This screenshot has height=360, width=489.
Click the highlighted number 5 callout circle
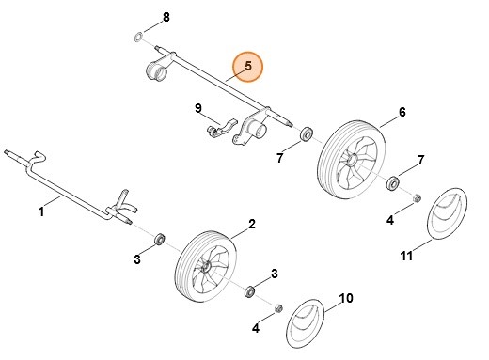click(x=248, y=66)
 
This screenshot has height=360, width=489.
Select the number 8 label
click(x=166, y=18)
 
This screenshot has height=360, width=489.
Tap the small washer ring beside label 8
click(x=137, y=37)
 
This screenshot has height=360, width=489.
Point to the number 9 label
click(x=198, y=109)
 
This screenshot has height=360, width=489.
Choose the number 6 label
click(x=402, y=113)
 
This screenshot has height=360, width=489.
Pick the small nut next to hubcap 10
click(x=277, y=308)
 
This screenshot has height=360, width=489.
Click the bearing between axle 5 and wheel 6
click(x=306, y=138)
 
